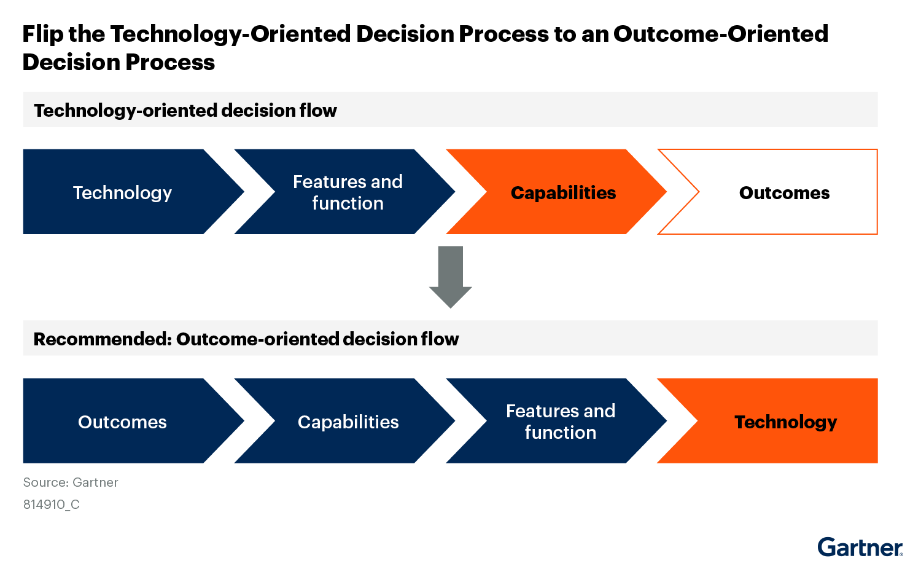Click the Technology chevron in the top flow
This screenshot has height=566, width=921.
click(x=122, y=192)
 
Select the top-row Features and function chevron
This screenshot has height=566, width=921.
click(x=348, y=192)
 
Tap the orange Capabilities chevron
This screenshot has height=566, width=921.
click(x=563, y=192)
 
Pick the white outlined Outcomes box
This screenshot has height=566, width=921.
click(x=784, y=192)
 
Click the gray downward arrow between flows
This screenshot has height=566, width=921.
click(x=450, y=277)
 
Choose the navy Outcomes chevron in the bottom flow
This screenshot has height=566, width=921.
click(x=122, y=422)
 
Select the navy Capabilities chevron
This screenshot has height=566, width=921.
click(x=348, y=422)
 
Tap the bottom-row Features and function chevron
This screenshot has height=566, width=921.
click(x=560, y=422)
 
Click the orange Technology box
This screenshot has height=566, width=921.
click(x=785, y=422)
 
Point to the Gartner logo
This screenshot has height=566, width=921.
click(x=860, y=547)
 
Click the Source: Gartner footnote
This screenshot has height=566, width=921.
click(x=71, y=482)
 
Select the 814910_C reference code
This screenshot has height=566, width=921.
click(x=52, y=505)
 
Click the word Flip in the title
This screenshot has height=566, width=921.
click(x=42, y=34)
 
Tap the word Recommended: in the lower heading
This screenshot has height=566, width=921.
click(x=102, y=339)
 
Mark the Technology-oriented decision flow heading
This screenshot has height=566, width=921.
click(x=185, y=111)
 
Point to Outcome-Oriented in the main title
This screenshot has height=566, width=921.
click(x=721, y=34)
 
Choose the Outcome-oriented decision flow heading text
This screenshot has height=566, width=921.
click(x=317, y=339)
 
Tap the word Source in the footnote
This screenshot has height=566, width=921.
click(x=44, y=482)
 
